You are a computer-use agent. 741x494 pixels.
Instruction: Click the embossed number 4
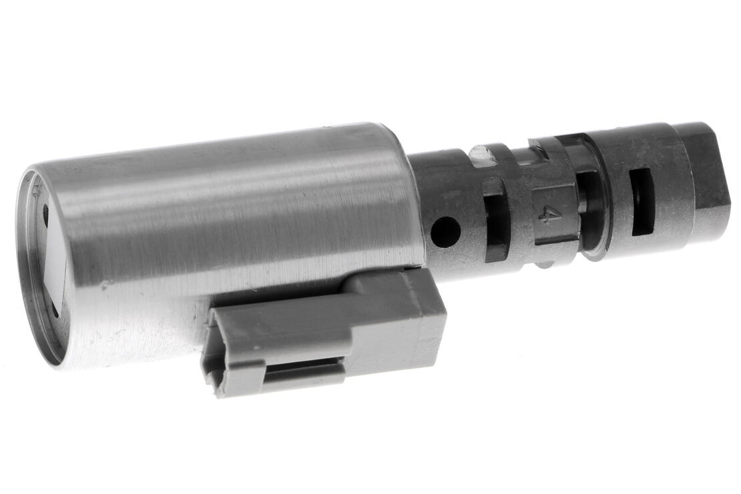pyautogui.click(x=549, y=213)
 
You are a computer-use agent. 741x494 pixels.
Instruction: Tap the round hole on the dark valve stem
pyautogui.click(x=445, y=232)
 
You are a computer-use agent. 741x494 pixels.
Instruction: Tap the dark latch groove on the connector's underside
pyautogui.click(x=304, y=371)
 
